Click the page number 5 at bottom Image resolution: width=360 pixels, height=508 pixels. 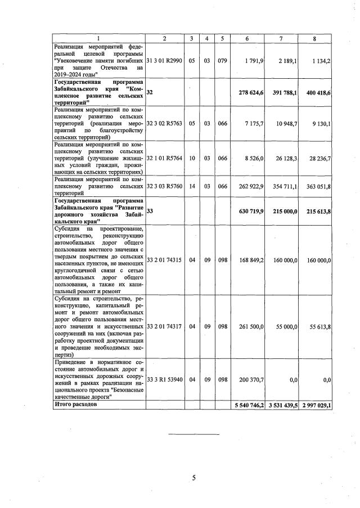tap(193, 478)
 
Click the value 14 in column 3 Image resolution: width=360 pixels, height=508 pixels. tap(192, 186)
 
